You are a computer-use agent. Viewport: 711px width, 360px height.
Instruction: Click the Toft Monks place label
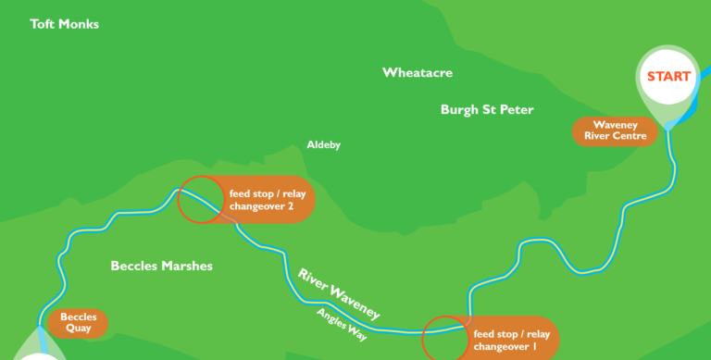coord(64,24)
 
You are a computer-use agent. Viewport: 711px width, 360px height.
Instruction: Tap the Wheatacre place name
coord(418,72)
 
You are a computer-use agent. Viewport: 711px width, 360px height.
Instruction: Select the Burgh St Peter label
coord(487,109)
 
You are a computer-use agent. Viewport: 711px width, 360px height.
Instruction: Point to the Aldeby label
coord(324,145)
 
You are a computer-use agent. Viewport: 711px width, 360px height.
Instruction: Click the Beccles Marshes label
coord(161,266)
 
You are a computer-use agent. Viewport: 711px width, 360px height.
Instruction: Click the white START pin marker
coord(667,83)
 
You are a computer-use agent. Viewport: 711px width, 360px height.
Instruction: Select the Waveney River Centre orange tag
coord(615,131)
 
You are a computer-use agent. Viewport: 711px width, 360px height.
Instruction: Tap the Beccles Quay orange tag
coord(79,323)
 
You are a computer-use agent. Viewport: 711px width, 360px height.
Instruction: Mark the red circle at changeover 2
coord(200,200)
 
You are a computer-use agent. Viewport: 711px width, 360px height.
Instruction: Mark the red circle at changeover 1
coord(444,339)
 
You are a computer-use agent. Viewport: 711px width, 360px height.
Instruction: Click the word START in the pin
coord(667,76)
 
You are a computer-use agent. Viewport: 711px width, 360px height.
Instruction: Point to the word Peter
coord(517,109)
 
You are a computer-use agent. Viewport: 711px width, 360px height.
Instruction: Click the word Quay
coord(79,329)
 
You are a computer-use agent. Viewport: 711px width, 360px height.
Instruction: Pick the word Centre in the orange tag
coord(634,137)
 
